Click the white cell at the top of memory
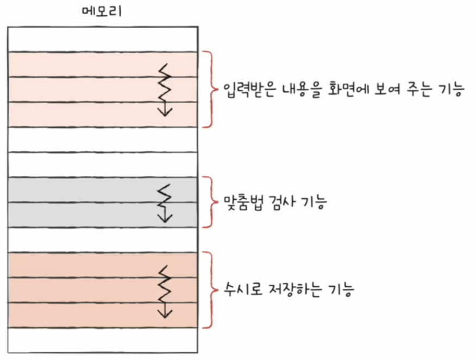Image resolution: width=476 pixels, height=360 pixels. coord(103,39)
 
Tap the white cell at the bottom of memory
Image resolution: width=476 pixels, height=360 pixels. coord(103,341)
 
